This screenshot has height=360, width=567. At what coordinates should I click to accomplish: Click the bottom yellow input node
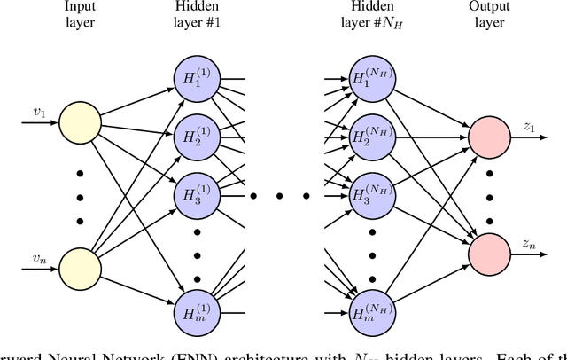point(79,268)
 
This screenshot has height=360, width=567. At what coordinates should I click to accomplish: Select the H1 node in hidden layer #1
point(196,78)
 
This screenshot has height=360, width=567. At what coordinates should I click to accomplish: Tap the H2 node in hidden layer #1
point(196,137)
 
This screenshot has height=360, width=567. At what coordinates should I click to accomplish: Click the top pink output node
point(488,137)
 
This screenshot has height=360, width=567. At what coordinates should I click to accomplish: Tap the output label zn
point(529,243)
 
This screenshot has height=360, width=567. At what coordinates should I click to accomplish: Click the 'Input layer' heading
point(79,14)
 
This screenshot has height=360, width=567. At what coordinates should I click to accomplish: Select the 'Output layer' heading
point(488,14)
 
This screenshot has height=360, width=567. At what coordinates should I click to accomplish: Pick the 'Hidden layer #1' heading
point(196,14)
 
